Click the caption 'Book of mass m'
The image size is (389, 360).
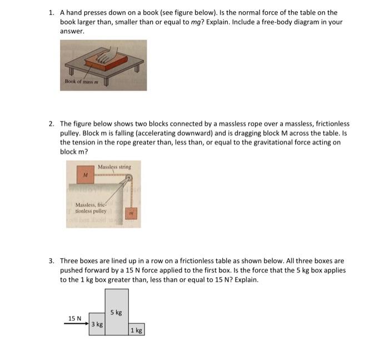[81, 82]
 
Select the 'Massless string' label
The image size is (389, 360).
[114, 166]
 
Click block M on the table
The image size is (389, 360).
[85, 175]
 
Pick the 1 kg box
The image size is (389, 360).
[136, 330]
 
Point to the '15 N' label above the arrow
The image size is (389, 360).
[74, 318]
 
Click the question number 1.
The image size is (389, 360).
[51, 12]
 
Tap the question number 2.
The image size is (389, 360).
[51, 124]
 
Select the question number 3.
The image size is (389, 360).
[51, 260]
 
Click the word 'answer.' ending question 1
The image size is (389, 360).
[72, 32]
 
